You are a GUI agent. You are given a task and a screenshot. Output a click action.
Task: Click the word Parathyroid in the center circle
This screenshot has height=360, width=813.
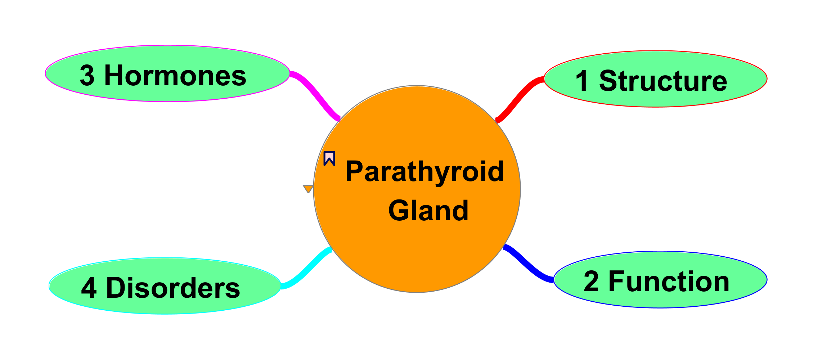coord(425,172)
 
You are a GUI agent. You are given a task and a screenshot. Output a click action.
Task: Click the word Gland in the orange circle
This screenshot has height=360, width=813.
coord(428,211)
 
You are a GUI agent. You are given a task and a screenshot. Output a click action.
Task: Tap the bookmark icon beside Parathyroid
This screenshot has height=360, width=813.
coord(329,158)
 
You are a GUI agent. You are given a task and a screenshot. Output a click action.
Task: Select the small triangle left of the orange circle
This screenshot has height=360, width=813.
coord(308,189)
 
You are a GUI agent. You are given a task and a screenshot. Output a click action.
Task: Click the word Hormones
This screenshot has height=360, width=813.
coord(175,76)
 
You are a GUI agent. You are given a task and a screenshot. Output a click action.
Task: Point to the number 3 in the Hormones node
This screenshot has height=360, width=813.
coord(87,76)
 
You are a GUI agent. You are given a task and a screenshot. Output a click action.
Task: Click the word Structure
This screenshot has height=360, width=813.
coord(663,81)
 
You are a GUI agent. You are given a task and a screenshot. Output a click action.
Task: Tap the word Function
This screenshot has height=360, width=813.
coord(669,282)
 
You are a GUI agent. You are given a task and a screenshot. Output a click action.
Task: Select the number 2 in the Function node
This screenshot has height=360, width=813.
coord(591,282)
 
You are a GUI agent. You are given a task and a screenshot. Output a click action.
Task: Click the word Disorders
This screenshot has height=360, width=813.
coord(173,288)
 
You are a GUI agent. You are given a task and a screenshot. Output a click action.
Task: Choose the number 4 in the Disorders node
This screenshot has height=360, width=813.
coord(89,288)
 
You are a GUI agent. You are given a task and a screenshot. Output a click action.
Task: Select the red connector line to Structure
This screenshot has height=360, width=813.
coord(519,97)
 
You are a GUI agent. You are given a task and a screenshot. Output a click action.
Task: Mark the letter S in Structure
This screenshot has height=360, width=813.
coord(608,81)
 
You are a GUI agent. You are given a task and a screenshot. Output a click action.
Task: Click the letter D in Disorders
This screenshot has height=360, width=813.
coord(116,288)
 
